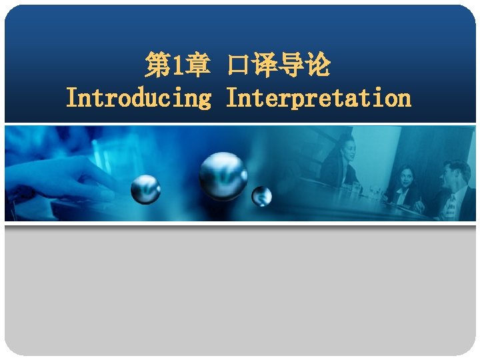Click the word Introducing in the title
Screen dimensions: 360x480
coord(139,99)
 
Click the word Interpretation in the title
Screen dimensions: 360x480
coord(319,99)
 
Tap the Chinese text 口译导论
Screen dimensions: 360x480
coord(279,66)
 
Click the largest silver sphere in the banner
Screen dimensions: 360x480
coord(223,175)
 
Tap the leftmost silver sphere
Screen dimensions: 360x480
coord(145,189)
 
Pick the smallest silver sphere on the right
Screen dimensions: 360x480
coord(262,196)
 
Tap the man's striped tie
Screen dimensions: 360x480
coord(451,204)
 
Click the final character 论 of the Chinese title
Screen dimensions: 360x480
coord(319,66)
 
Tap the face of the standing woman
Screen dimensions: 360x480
coord(347,145)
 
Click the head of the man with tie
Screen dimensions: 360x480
coord(456,171)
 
